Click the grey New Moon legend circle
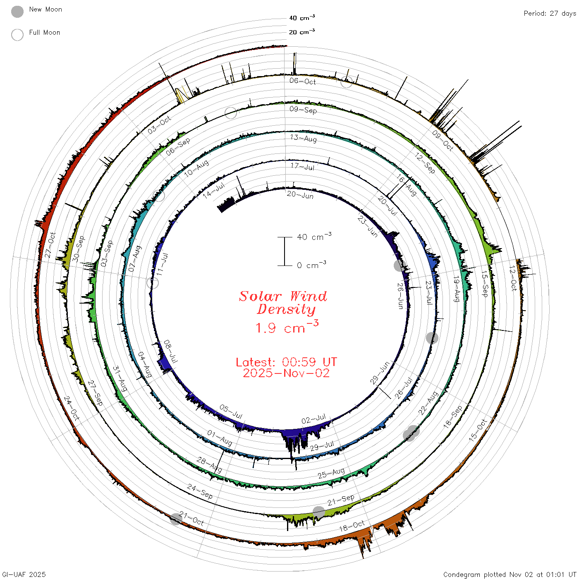[17, 12]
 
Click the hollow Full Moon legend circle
[17, 35]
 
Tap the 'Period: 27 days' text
[550, 14]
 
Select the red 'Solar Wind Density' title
[283, 303]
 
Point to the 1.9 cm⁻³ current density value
[287, 327]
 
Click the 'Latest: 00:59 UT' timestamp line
[286, 362]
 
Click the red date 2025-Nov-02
[286, 373]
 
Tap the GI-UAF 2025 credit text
[24, 574]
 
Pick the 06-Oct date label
[303, 81]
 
